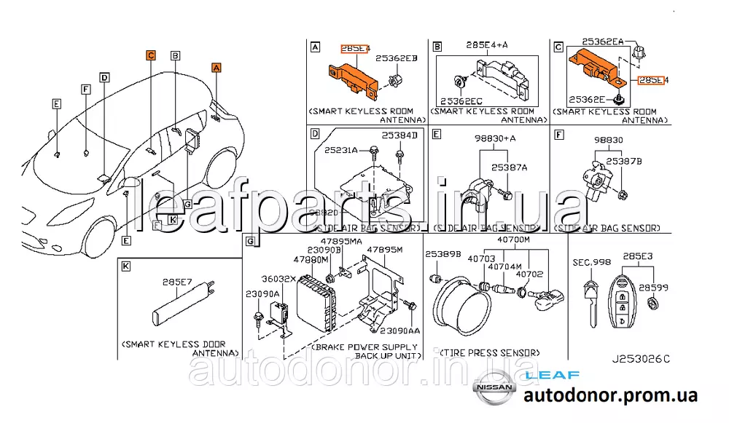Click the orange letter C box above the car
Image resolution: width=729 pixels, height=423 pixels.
click(x=150, y=55)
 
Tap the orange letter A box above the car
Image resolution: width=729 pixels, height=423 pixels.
click(x=216, y=67)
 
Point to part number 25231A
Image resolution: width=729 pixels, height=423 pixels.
click(x=342, y=149)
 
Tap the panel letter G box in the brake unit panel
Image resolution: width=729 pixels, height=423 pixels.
click(x=249, y=242)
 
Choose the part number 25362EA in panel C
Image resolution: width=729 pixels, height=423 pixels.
click(x=603, y=43)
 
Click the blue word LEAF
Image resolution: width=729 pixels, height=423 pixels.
click(x=551, y=376)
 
